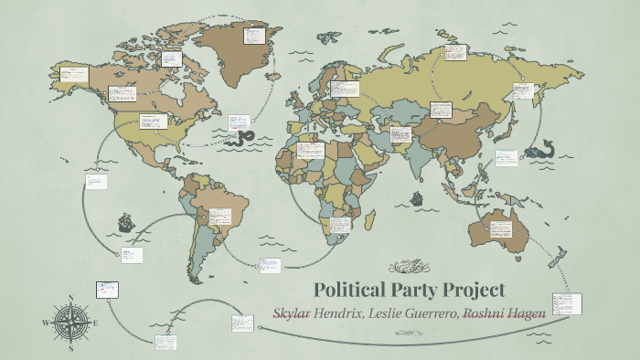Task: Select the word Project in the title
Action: (473, 291)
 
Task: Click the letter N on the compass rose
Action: (69, 298)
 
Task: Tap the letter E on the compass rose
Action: (94, 323)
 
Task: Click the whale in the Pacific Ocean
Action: (549, 149)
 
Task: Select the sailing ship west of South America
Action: (124, 222)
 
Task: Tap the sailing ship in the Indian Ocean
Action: (416, 198)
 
